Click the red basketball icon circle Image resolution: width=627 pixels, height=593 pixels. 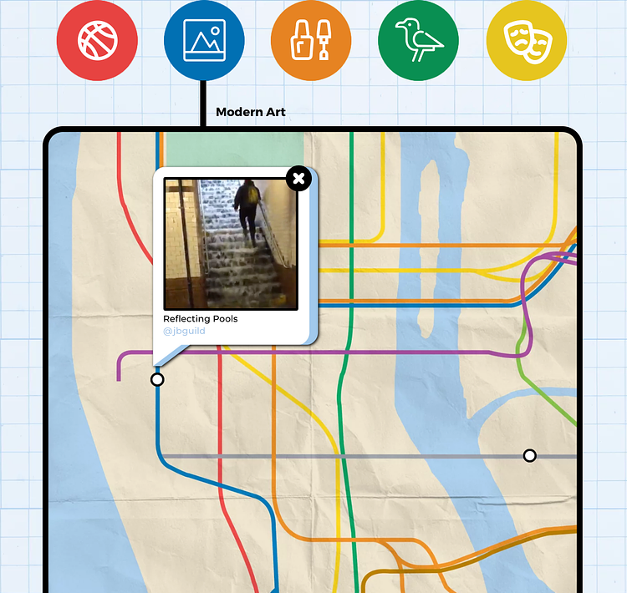pyautogui.click(x=97, y=41)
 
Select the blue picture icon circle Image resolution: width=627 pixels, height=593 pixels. pyautogui.click(x=204, y=41)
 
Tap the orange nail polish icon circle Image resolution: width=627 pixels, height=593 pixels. pyautogui.click(x=311, y=41)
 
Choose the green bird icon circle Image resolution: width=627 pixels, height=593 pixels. pyautogui.click(x=419, y=41)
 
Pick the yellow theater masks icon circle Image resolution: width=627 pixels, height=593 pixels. pyautogui.click(x=527, y=41)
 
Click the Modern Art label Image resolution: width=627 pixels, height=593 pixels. pyautogui.click(x=251, y=112)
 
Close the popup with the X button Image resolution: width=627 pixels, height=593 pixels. pyautogui.click(x=298, y=178)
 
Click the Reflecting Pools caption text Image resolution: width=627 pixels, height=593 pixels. pyautogui.click(x=201, y=319)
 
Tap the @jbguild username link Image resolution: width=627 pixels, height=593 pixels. pyautogui.click(x=184, y=332)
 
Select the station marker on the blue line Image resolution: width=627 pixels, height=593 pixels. pyautogui.click(x=157, y=380)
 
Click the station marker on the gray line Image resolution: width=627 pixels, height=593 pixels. pyautogui.click(x=529, y=455)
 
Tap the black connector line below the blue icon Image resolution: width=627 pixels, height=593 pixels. pyautogui.click(x=203, y=104)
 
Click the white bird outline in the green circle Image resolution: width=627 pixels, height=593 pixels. pyautogui.click(x=418, y=40)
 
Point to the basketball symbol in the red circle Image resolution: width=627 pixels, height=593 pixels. pyautogui.click(x=97, y=41)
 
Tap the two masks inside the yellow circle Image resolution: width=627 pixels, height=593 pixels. pyautogui.click(x=527, y=41)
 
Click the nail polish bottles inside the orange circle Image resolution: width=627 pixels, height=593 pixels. pyautogui.click(x=311, y=41)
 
